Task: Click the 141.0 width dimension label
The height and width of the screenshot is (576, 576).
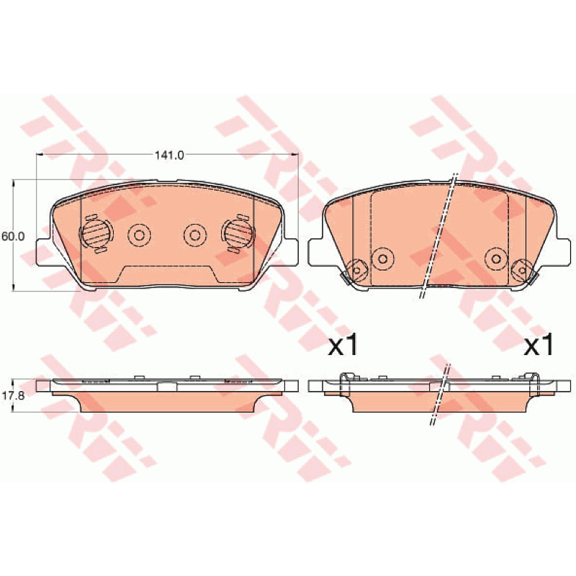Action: coord(168,156)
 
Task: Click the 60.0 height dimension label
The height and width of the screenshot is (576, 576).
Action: coord(13,237)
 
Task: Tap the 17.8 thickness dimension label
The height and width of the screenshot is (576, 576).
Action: coord(13,395)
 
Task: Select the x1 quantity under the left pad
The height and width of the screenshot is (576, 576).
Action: coord(343,346)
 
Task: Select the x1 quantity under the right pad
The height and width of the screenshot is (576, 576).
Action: coord(539,346)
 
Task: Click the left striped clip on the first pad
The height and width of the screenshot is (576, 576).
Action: coord(96,233)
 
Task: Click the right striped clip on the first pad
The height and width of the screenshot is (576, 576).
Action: coord(238,233)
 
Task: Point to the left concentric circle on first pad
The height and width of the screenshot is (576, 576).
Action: coord(139,235)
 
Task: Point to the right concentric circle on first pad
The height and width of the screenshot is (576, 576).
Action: coord(195,235)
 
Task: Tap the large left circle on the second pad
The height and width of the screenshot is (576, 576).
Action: coord(383,259)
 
